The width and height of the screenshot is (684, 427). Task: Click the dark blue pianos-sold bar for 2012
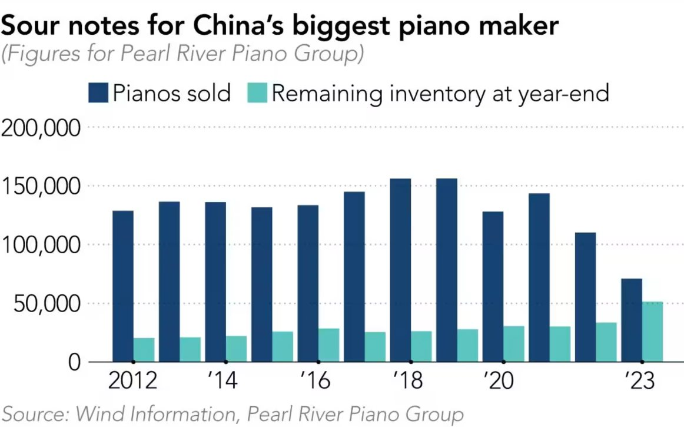tap(122, 286)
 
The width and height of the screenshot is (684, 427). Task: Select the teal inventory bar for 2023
tap(652, 332)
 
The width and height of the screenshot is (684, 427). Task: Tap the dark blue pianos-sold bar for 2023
tap(632, 320)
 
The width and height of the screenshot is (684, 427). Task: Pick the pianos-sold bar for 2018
tap(400, 270)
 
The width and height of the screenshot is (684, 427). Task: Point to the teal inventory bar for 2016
tap(328, 345)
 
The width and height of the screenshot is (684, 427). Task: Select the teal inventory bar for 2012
tap(144, 350)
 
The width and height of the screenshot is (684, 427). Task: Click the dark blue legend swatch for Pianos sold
tap(98, 93)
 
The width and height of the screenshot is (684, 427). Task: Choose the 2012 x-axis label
tap(133, 381)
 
